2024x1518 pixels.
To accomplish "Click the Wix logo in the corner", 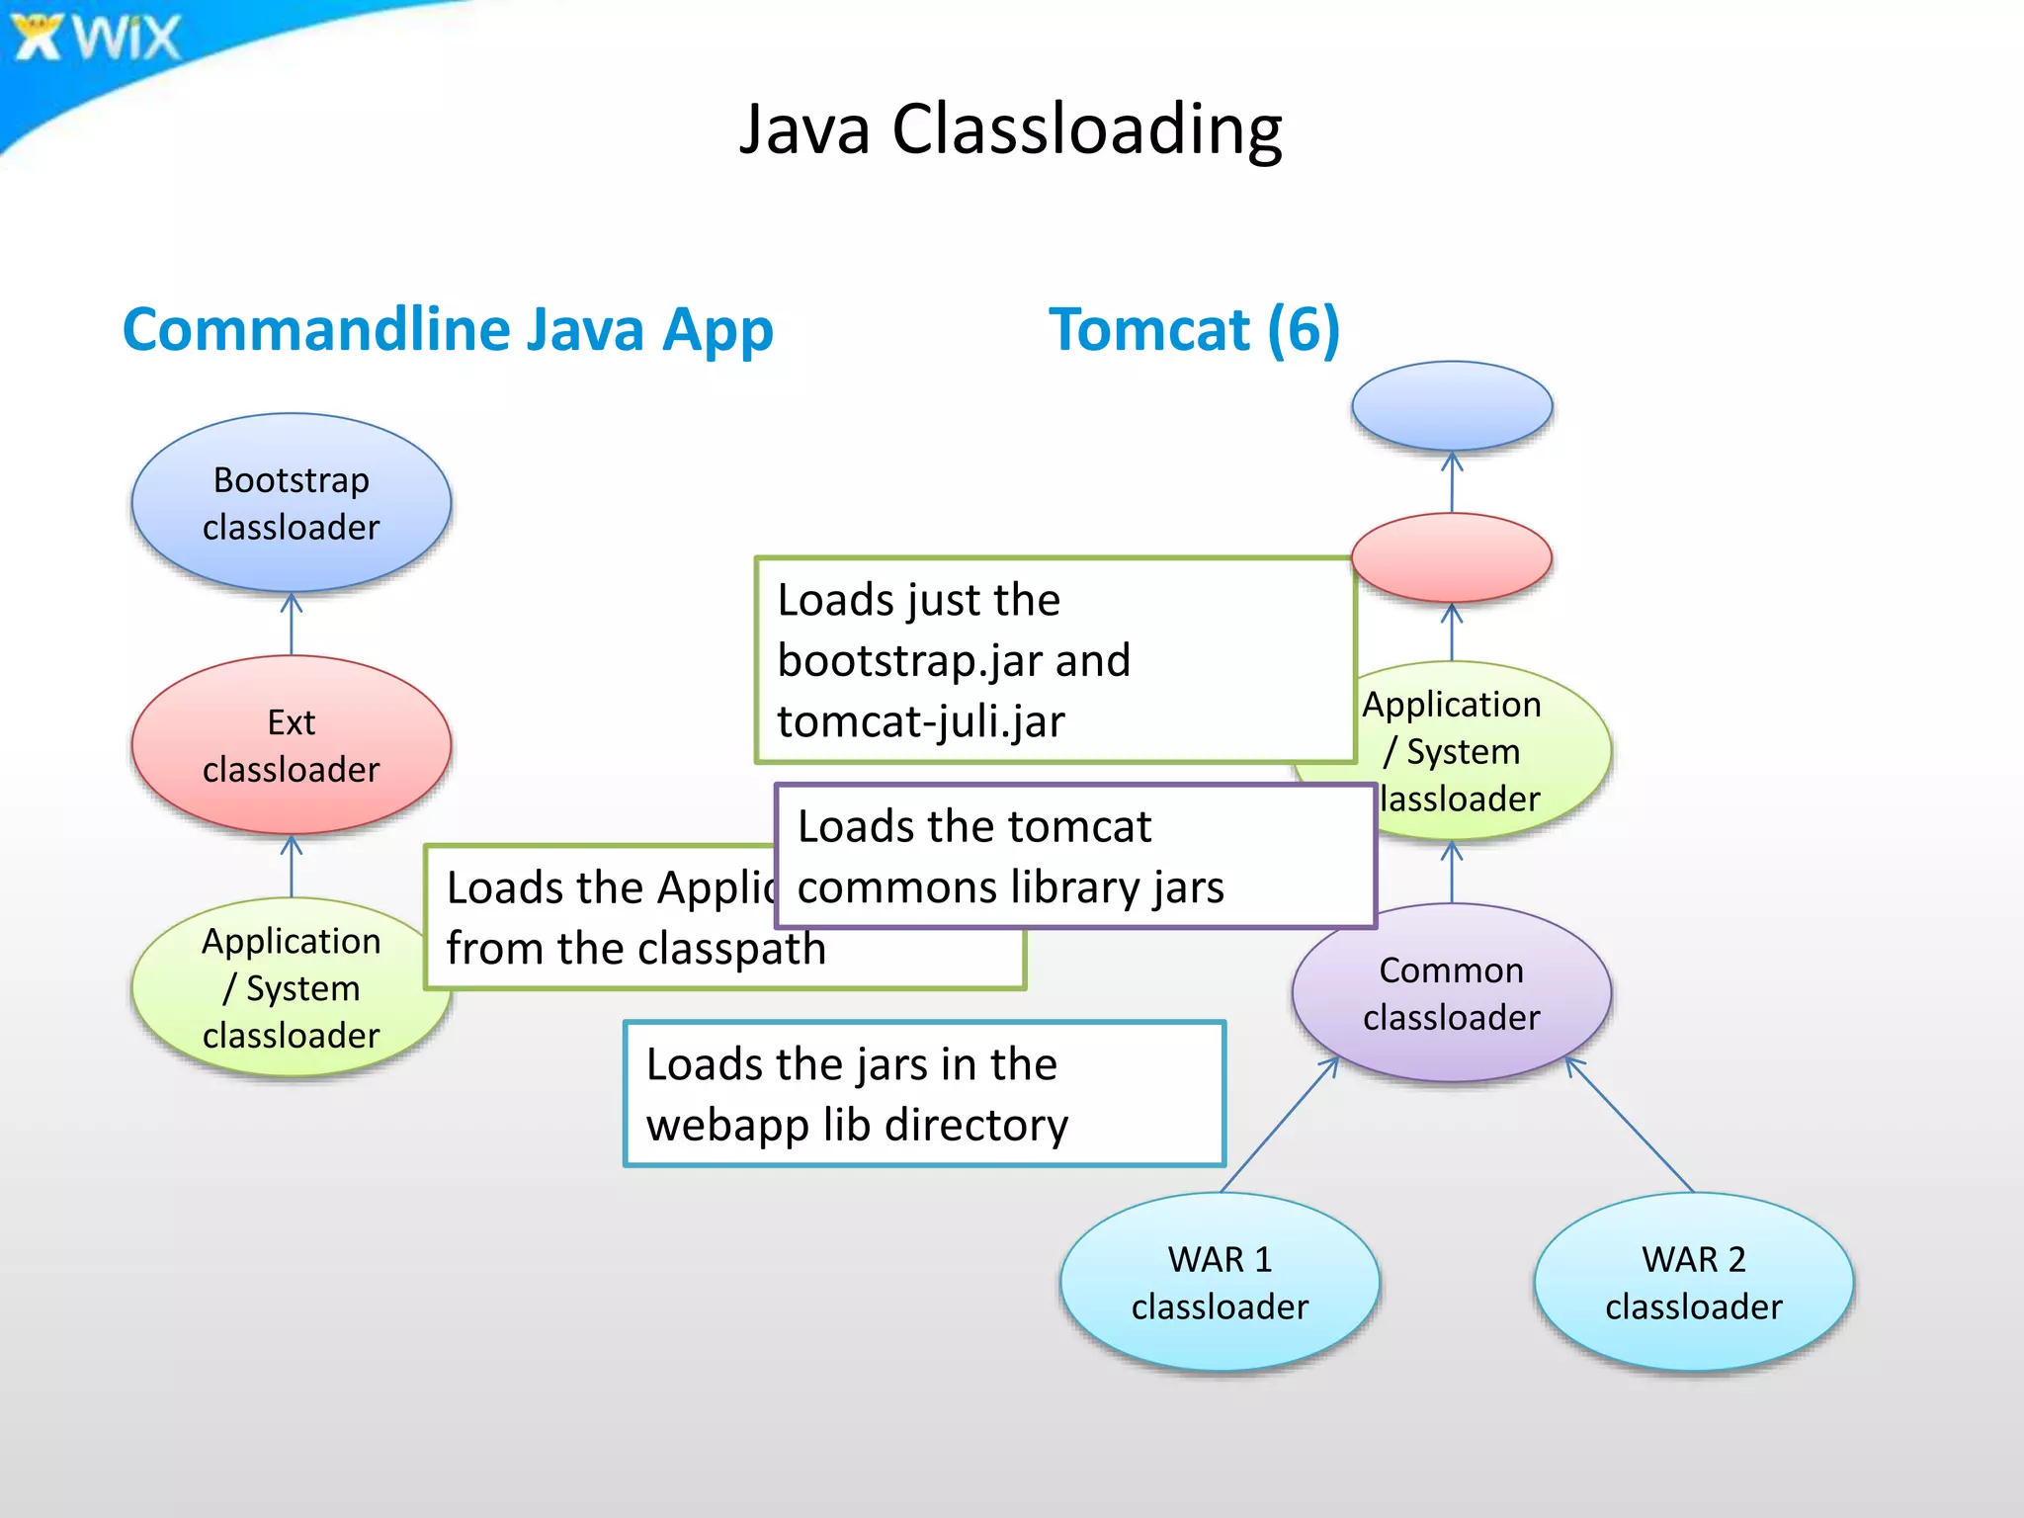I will [97, 38].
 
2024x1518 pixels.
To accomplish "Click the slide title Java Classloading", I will [1010, 128].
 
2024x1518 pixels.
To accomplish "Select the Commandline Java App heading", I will [447, 329].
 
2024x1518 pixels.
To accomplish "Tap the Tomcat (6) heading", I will [1194, 329].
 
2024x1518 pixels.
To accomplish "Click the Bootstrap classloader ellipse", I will [292, 503].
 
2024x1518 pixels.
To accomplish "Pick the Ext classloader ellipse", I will [292, 745].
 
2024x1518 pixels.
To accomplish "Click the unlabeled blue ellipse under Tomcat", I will [1452, 406].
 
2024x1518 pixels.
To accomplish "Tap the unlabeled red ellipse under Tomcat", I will [1452, 557].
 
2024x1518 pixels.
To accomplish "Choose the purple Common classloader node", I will [1452, 992].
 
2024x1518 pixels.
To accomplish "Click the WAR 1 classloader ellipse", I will [1220, 1282].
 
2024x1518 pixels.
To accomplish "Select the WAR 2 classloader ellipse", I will [1693, 1282].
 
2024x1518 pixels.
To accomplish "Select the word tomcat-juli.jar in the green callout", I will [921, 721].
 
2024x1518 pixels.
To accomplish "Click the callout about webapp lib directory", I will [924, 1094].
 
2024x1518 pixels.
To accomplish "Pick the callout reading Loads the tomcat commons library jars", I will [1075, 856].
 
